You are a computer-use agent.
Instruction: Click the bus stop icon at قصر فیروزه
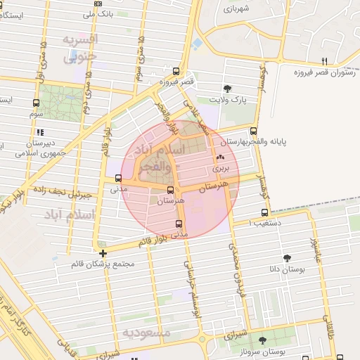175,71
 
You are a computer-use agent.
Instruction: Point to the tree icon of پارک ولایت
226,89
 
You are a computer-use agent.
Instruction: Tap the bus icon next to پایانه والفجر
253,130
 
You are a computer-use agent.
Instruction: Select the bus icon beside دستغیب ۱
264,212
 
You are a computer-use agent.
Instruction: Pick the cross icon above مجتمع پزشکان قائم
103,253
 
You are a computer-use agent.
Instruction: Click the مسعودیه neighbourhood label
146,333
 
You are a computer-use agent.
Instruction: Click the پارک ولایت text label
233,101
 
